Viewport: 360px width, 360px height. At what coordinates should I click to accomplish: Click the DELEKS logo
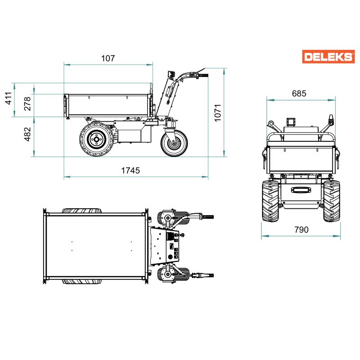(328, 57)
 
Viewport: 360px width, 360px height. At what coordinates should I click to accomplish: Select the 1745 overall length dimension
(130, 171)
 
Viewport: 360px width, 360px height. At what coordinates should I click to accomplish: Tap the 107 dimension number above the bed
(108, 58)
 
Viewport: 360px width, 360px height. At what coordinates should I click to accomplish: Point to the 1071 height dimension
(217, 112)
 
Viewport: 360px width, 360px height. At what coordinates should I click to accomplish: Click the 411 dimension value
(8, 98)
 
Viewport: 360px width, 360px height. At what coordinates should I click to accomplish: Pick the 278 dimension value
(27, 103)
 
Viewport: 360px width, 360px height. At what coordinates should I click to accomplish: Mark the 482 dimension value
(27, 134)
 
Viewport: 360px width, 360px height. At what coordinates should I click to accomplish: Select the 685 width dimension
(299, 94)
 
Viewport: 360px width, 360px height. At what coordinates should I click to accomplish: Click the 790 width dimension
(301, 229)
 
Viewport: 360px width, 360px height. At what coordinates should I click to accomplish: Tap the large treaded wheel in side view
(96, 139)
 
